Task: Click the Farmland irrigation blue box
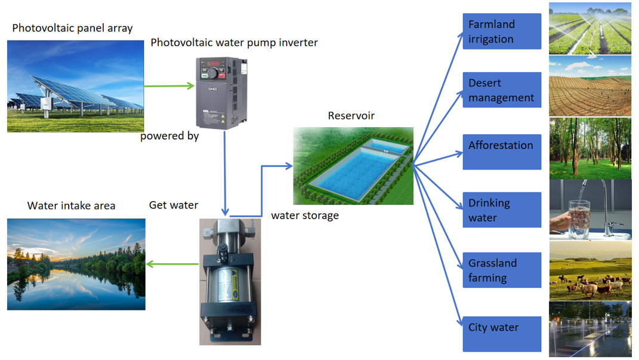(502, 31)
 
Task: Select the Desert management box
(502, 90)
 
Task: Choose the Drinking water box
(502, 210)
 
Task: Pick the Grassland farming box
(502, 270)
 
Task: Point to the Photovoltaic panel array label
(72, 28)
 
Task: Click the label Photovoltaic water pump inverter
(234, 42)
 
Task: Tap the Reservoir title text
(351, 115)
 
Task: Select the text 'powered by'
(169, 136)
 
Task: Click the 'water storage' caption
(305, 216)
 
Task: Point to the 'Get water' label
(174, 205)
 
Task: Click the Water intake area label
(71, 205)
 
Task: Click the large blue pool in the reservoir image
(354, 173)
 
